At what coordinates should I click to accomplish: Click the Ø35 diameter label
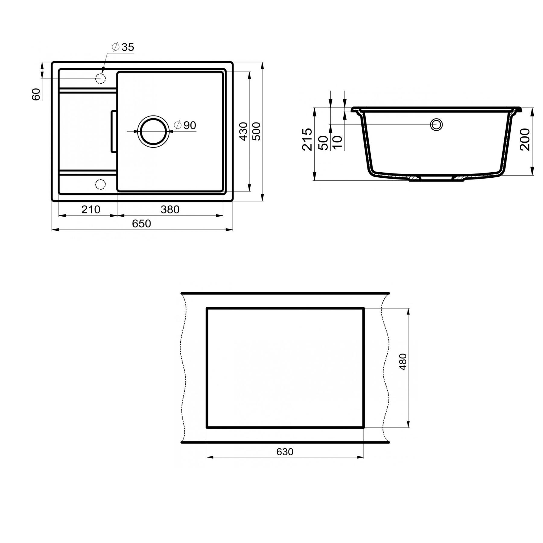123,47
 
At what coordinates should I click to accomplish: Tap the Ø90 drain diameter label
186,125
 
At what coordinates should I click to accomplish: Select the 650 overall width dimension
141,224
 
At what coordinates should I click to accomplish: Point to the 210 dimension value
91,209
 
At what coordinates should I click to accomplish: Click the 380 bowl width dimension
170,209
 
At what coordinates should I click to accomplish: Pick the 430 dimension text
243,131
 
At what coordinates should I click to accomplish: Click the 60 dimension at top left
36,94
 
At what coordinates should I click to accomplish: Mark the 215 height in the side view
307,139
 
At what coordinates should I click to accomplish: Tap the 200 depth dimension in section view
525,139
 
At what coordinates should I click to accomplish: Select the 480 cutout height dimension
403,362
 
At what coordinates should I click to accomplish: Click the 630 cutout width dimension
284,452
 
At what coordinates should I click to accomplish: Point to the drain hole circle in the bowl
153,131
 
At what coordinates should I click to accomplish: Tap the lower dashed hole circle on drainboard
100,184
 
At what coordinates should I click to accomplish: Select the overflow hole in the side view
436,125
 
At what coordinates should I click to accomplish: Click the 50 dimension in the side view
323,143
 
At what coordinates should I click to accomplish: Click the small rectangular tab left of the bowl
113,132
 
